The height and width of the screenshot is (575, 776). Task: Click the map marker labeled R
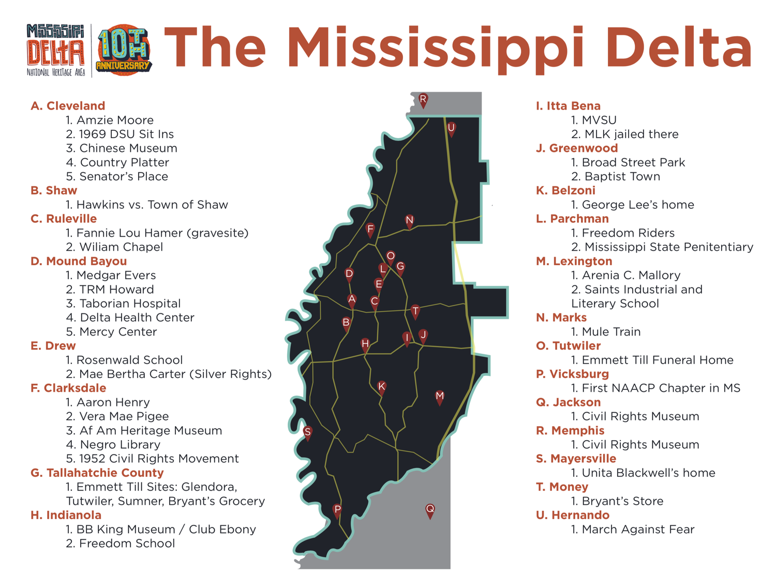pyautogui.click(x=423, y=100)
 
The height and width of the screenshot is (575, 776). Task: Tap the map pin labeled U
pyautogui.click(x=451, y=129)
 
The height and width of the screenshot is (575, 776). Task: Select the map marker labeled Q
pyautogui.click(x=430, y=510)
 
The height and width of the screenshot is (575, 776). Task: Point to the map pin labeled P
pyautogui.click(x=337, y=510)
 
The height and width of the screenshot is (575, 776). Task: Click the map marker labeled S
pyautogui.click(x=307, y=433)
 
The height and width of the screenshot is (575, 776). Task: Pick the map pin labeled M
pyautogui.click(x=439, y=397)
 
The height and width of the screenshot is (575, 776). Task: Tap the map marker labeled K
pyautogui.click(x=381, y=387)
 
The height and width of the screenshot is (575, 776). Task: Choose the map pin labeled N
pyautogui.click(x=409, y=221)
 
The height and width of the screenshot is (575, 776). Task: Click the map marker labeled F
pyautogui.click(x=370, y=230)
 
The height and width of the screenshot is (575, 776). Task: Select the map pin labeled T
pyautogui.click(x=415, y=312)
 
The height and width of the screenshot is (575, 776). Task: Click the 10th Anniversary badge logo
pyautogui.click(x=124, y=50)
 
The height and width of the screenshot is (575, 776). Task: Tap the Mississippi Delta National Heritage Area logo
pyautogui.click(x=55, y=50)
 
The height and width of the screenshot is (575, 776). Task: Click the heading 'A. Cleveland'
pyautogui.click(x=68, y=106)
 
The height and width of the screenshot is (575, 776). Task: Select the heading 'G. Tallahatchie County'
pyautogui.click(x=97, y=473)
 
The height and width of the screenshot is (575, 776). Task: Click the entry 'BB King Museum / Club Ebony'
pyautogui.click(x=160, y=529)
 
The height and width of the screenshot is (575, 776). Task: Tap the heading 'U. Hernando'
pyautogui.click(x=573, y=516)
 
